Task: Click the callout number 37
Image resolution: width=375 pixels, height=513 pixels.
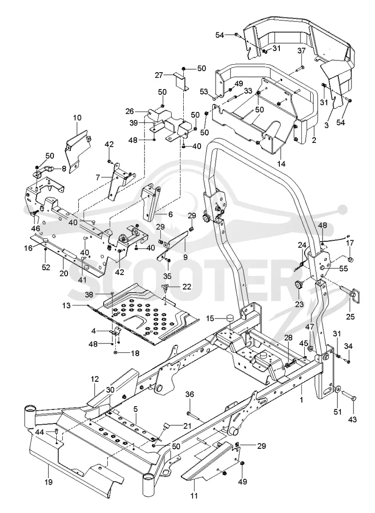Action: [x=301, y=51]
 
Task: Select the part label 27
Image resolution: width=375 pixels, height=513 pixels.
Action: [x=159, y=75]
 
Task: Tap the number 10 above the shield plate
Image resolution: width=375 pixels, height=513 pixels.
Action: [x=77, y=118]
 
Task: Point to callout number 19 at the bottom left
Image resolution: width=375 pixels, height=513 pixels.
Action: [x=49, y=482]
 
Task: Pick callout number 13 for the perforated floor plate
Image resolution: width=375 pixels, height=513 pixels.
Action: [x=66, y=306]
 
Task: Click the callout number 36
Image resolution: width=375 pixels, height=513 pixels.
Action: [x=190, y=394]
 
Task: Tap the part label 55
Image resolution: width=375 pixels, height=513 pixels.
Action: [x=344, y=269]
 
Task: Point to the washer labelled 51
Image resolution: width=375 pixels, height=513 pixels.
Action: [x=337, y=390]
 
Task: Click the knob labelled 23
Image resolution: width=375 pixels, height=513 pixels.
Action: [x=298, y=285]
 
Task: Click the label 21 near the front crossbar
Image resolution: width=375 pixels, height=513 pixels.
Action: [x=187, y=426]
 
